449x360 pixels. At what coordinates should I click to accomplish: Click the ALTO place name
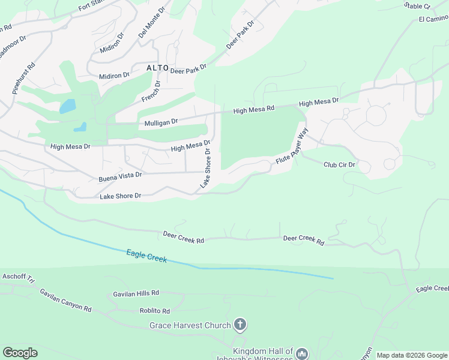click(x=157, y=68)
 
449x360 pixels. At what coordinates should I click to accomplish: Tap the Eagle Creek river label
click(x=146, y=257)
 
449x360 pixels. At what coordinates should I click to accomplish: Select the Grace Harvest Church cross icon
click(x=240, y=325)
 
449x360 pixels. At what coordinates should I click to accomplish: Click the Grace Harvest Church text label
click(x=190, y=326)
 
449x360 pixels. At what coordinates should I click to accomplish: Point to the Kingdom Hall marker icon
click(x=301, y=354)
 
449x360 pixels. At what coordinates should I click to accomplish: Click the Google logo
click(x=20, y=353)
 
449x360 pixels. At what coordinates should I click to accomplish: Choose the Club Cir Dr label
click(x=340, y=164)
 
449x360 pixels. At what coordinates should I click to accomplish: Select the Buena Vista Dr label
click(x=120, y=176)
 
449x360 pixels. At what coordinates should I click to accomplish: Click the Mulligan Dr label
click(x=161, y=122)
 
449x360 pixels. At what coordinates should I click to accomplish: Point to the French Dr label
click(x=151, y=91)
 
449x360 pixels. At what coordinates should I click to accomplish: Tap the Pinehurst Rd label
click(x=23, y=76)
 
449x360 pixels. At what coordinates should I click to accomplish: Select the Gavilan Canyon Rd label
click(x=65, y=301)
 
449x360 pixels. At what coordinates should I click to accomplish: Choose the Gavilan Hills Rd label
click(x=136, y=294)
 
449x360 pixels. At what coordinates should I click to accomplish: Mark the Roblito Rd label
click(x=155, y=311)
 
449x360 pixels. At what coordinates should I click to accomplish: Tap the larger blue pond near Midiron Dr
click(x=67, y=107)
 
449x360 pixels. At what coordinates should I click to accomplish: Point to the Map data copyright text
click(x=411, y=355)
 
